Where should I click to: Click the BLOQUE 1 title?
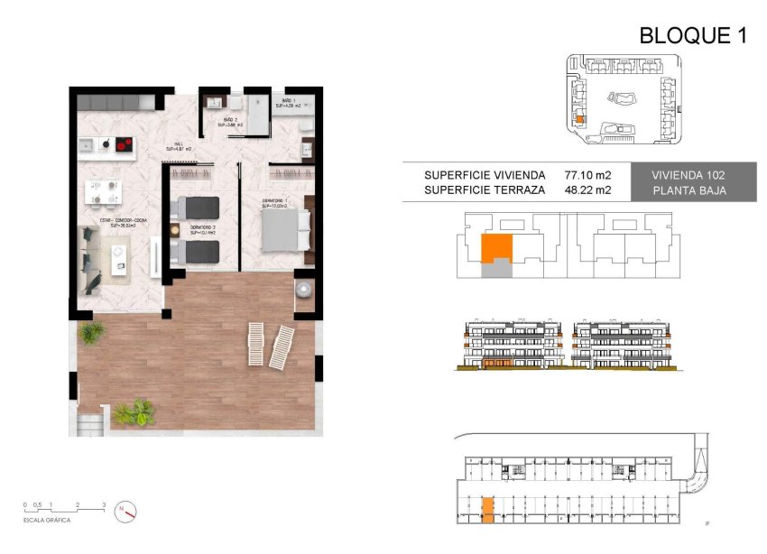click(693, 35)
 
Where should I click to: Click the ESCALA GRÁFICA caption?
click(48, 521)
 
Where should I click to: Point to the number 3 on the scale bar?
click(104, 504)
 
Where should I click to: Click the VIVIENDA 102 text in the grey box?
click(690, 174)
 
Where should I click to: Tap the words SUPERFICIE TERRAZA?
click(485, 190)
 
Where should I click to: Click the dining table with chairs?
click(102, 190)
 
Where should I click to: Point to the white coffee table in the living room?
click(118, 262)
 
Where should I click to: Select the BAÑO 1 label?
click(286, 102)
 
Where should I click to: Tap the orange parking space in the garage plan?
click(487, 511)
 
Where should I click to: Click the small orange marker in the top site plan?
click(579, 117)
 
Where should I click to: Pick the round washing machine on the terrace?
click(304, 290)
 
